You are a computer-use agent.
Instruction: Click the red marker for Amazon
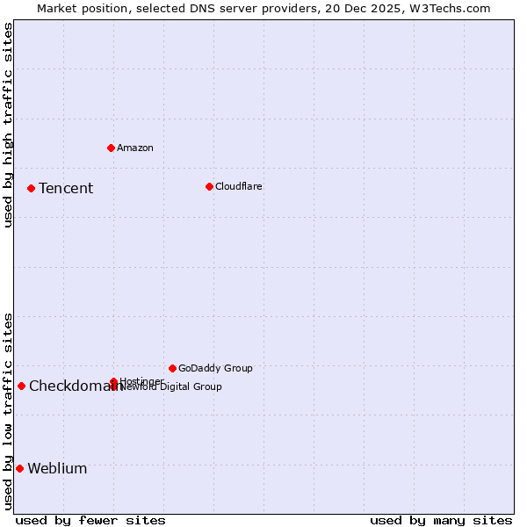tap(111, 148)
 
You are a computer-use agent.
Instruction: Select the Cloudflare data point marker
tap(209, 186)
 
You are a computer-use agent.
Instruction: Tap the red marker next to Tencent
tap(31, 188)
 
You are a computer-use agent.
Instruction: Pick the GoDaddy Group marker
tap(172, 368)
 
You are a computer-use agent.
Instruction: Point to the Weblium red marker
tap(19, 468)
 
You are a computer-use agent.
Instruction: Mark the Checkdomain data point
tap(21, 386)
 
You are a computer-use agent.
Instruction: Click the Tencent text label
tap(66, 189)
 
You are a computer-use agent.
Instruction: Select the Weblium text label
tap(57, 469)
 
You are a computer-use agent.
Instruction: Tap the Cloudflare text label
tap(238, 186)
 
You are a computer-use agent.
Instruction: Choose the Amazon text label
tap(134, 148)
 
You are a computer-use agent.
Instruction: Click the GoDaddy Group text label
tap(215, 368)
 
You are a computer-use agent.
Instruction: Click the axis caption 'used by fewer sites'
tap(90, 520)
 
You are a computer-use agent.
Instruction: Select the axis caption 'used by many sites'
tap(441, 520)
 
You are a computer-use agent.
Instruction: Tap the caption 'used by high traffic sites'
tap(8, 125)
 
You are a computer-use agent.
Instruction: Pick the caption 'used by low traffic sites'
tap(8, 410)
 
